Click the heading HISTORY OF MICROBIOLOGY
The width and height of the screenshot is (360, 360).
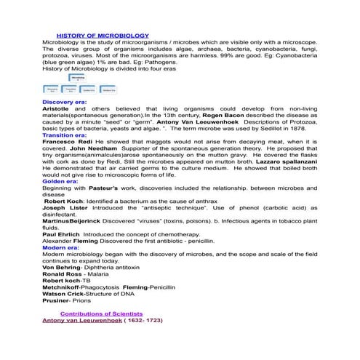pyautogui.click(x=103, y=35)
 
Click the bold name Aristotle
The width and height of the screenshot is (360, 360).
pyautogui.click(x=58, y=109)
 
